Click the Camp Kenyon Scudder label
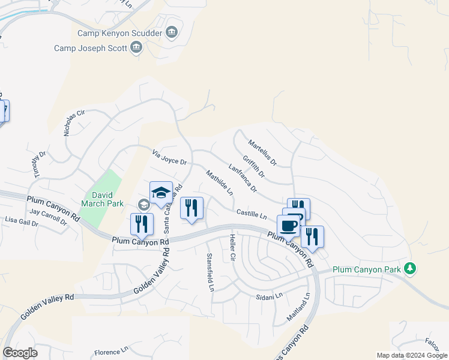120,32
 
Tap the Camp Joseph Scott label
91,48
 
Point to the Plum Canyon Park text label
366,270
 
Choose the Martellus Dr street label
262,152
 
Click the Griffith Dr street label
253,167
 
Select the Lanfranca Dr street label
243,178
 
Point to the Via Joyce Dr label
170,158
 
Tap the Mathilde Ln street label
219,183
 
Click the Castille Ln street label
251,214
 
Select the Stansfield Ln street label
210,272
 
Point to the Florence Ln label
112,351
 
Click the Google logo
20,353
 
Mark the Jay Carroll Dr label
48,216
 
